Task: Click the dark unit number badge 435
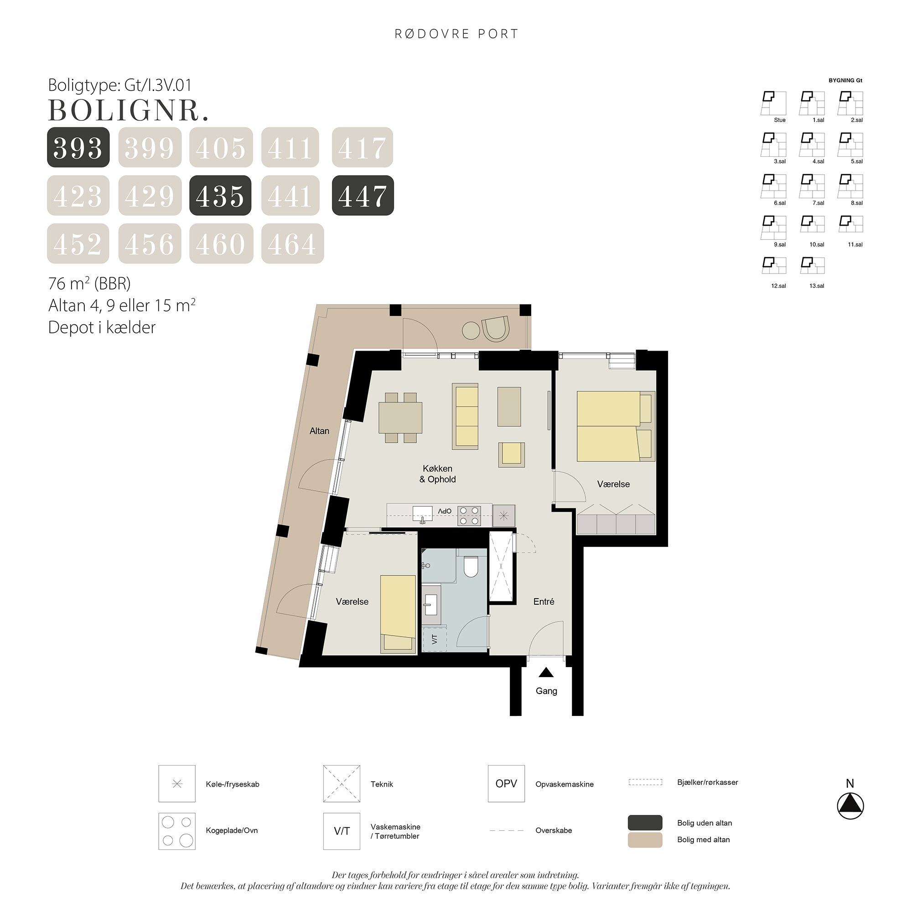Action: click(x=220, y=196)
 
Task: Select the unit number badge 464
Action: click(x=292, y=244)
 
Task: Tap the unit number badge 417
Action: click(x=362, y=147)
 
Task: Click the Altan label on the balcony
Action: click(x=319, y=431)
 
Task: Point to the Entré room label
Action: click(x=544, y=602)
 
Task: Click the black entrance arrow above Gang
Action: click(x=546, y=672)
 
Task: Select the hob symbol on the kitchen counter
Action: click(x=470, y=516)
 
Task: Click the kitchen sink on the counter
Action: click(x=423, y=514)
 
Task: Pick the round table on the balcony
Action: click(x=471, y=331)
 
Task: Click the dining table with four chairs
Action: click(x=400, y=418)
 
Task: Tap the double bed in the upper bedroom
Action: click(x=614, y=426)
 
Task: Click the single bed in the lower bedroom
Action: click(x=398, y=614)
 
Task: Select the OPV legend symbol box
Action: click(x=506, y=783)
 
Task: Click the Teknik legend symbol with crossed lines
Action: click(x=341, y=783)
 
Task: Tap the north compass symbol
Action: click(x=850, y=806)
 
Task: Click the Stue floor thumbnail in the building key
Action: click(x=773, y=104)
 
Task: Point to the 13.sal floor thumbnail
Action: click(x=812, y=266)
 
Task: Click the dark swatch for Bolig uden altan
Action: click(x=645, y=823)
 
